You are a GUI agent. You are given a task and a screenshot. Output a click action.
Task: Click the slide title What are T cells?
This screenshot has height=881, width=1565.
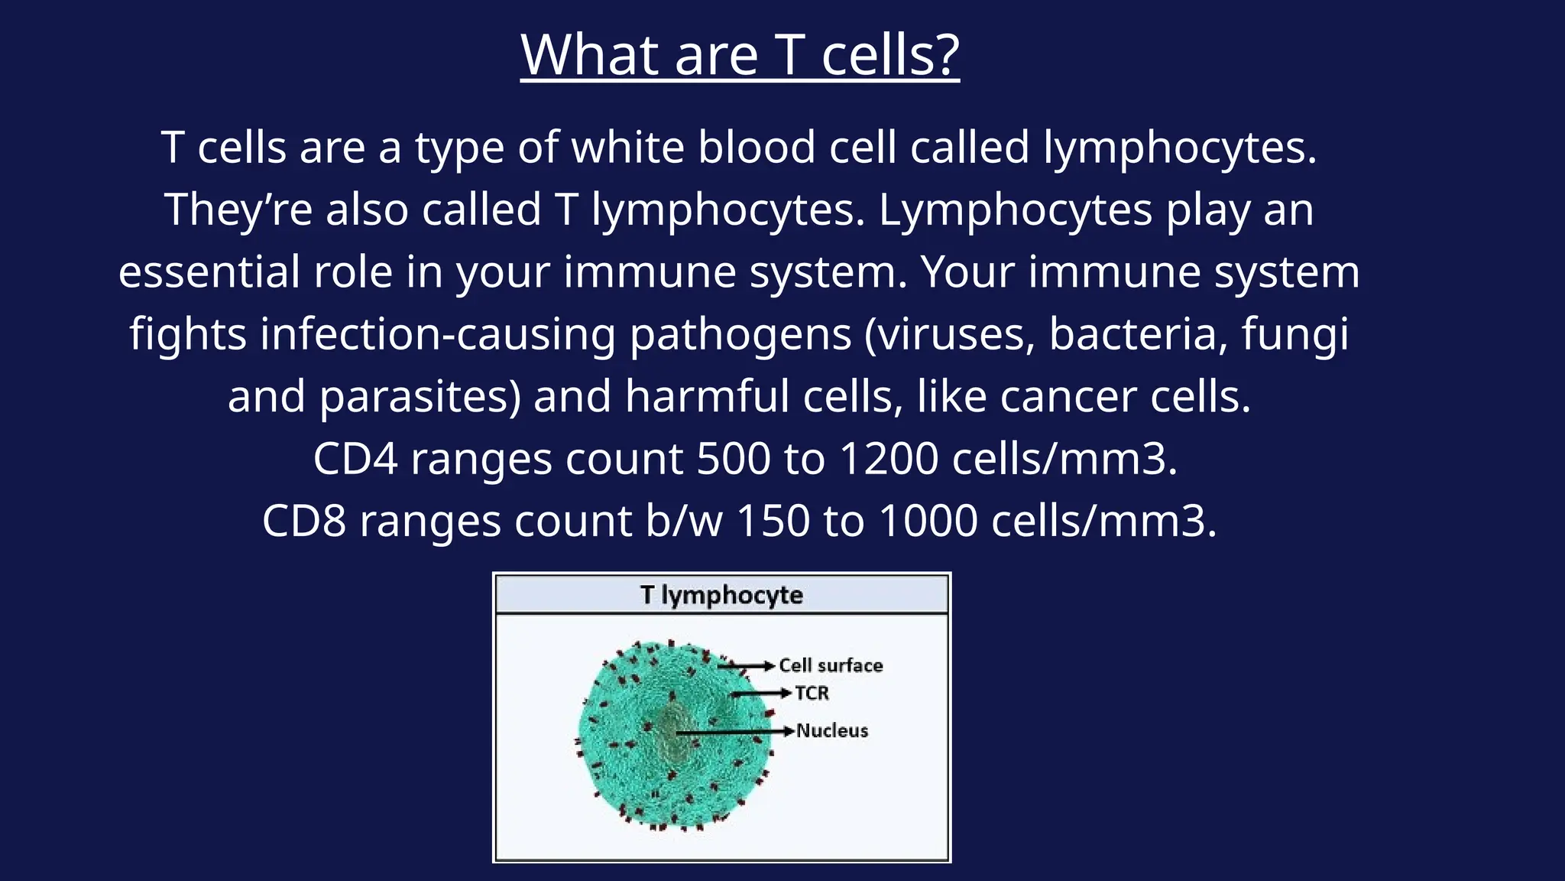(x=740, y=55)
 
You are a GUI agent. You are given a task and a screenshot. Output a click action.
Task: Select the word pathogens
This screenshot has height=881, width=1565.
(x=740, y=335)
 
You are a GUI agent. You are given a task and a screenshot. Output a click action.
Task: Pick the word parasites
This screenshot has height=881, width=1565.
(x=420, y=397)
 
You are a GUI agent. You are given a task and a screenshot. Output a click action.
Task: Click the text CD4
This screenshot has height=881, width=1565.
(x=355, y=459)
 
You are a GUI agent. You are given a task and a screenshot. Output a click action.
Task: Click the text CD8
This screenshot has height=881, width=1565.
(x=304, y=522)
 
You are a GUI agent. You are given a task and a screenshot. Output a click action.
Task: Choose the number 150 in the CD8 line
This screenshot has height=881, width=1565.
(x=773, y=522)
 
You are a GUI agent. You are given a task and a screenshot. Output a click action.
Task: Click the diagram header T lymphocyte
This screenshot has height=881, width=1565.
(x=721, y=595)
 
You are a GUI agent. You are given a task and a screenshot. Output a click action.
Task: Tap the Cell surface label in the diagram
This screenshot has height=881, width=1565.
(x=831, y=665)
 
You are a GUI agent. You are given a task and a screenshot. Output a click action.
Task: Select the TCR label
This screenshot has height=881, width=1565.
(x=812, y=693)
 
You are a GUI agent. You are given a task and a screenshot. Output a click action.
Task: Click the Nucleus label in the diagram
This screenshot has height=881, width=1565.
(x=832, y=730)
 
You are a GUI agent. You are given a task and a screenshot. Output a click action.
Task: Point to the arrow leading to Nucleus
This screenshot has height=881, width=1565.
(x=734, y=732)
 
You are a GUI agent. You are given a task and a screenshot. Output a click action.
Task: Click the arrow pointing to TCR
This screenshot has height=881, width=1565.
(x=760, y=693)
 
